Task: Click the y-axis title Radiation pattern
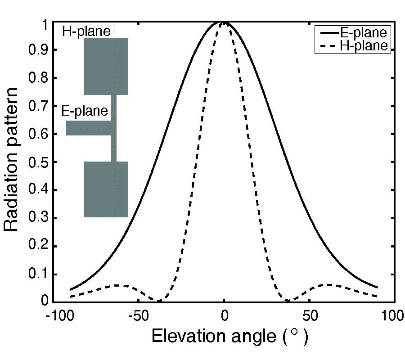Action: click(12, 160)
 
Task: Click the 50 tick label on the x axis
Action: click(309, 316)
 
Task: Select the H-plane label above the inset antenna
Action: click(85, 31)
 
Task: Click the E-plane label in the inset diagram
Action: click(84, 111)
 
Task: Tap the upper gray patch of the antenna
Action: click(106, 67)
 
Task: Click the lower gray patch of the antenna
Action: click(106, 189)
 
